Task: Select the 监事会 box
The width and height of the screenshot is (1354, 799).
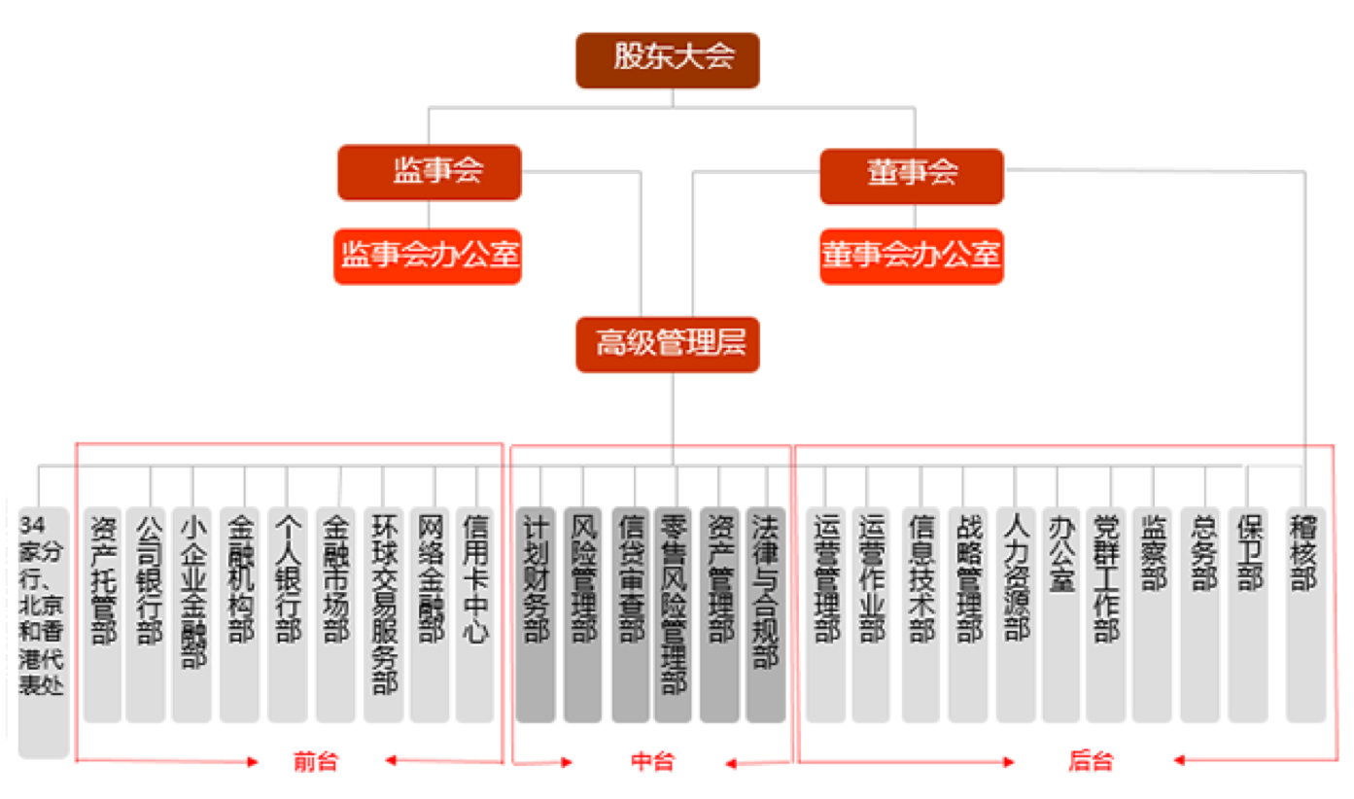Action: (430, 172)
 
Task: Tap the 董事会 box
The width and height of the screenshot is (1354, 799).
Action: (911, 176)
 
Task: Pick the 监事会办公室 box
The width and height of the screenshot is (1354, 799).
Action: (428, 257)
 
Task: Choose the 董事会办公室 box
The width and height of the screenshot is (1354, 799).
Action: (911, 257)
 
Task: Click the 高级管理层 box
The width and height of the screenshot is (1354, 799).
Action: (667, 344)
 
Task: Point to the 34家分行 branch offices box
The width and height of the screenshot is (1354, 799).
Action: (44, 632)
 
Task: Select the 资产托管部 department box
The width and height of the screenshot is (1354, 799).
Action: (102, 614)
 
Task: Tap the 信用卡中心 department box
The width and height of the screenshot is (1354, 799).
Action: (475, 614)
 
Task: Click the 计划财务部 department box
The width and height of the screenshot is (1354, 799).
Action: (536, 614)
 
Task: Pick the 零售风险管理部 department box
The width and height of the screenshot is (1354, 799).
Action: (673, 614)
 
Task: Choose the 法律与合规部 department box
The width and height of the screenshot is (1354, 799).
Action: (766, 614)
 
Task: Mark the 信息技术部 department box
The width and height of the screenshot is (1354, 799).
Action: (920, 614)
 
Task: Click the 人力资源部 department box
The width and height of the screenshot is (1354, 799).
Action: (1015, 614)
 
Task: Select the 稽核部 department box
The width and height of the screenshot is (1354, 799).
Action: (1305, 614)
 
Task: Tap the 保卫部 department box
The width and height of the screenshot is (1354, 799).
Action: (1248, 614)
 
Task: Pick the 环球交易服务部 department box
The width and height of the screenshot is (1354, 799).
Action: (383, 614)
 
